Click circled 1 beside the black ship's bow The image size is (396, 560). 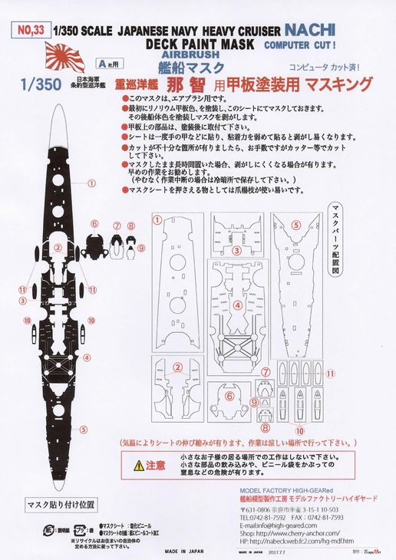[x=91, y=183]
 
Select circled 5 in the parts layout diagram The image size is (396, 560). [x=295, y=226]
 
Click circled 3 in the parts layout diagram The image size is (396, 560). [x=216, y=250]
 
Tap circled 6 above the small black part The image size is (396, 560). [x=94, y=224]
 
